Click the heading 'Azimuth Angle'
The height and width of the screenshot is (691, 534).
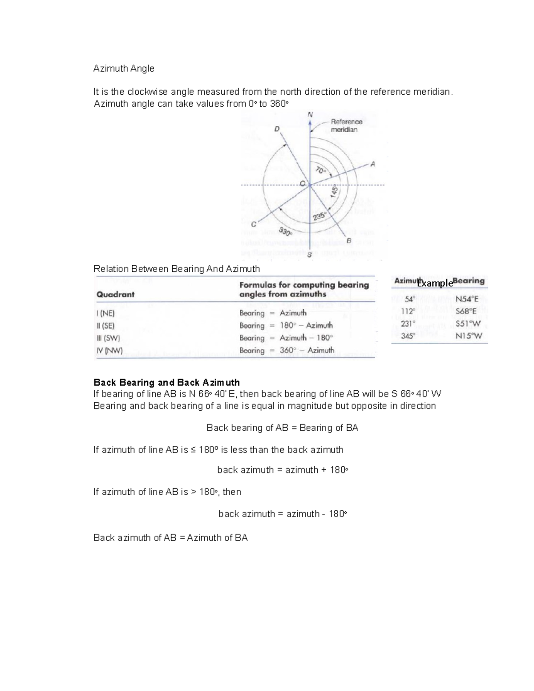(x=124, y=69)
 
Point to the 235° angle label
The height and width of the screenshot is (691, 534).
(x=320, y=216)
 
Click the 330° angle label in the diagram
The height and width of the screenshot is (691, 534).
(x=285, y=231)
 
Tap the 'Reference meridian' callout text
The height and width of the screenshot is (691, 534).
(x=346, y=125)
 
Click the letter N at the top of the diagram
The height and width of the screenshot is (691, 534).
(x=310, y=115)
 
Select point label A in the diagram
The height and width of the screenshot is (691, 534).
(x=373, y=164)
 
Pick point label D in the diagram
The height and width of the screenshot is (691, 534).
(x=277, y=129)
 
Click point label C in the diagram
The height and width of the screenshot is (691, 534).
(x=253, y=225)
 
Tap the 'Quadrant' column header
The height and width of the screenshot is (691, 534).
(x=115, y=295)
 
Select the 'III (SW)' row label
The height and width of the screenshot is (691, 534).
(x=108, y=338)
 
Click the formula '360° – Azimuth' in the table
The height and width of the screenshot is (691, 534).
(x=307, y=351)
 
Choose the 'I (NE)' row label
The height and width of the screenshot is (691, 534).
(x=105, y=313)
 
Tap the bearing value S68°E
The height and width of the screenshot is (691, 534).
(x=466, y=311)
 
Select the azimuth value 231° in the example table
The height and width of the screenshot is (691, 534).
(x=408, y=324)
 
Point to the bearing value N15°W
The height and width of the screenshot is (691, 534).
(x=469, y=336)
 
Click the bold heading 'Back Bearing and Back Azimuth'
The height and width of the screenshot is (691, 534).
(x=166, y=383)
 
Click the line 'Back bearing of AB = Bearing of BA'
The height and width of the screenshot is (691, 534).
(x=282, y=428)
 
